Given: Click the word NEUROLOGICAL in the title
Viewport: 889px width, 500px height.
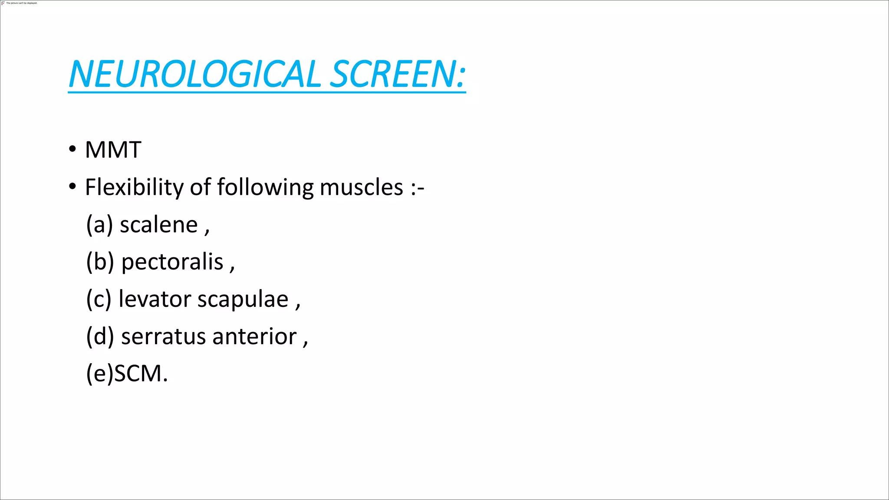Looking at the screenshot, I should pos(194,74).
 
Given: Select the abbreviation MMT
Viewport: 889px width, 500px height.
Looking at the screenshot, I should pos(113,150).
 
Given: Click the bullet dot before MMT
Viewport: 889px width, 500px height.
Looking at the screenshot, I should pos(72,149).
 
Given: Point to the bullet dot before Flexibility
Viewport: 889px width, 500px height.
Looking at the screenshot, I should pos(72,187).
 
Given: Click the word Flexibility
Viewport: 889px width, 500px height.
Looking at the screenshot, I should pos(134,187).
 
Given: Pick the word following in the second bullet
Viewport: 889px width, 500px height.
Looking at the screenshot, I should pos(265,187).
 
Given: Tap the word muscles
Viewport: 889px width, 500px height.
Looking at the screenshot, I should pos(361,187).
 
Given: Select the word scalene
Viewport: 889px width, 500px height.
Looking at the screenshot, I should pos(158,225).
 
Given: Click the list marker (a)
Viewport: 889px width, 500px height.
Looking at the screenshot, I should pos(99,225).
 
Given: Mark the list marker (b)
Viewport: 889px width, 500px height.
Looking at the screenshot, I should pos(100,262).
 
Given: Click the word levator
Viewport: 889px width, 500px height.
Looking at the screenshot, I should pos(155,299).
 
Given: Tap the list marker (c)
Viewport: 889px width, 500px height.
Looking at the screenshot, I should pos(99,299).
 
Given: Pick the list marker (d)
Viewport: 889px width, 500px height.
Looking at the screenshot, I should pos(100,337).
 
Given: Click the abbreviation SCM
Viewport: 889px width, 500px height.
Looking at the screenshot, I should pos(138,374).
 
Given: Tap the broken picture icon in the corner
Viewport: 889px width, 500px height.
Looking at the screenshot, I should pos(3,3).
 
